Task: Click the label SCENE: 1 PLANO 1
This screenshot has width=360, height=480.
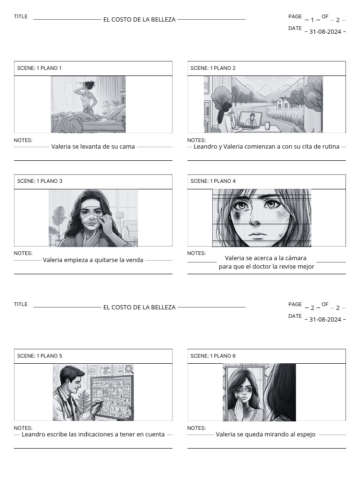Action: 39,68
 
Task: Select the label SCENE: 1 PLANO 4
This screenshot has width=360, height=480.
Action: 213,181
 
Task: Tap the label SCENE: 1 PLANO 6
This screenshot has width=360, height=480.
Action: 213,356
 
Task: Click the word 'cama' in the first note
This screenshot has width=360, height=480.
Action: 127,146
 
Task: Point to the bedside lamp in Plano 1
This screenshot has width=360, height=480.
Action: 106,106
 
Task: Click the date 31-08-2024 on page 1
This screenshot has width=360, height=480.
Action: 325,32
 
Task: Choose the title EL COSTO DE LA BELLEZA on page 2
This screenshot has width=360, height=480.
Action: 139,307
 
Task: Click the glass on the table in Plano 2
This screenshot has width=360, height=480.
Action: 267,126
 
